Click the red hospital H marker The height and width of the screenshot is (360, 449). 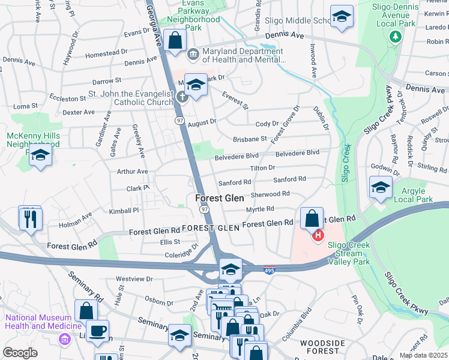[319, 236]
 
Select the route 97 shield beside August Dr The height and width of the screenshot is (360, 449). [179, 121]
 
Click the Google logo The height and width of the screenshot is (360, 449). [20, 352]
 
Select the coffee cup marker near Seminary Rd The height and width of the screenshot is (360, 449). [98, 331]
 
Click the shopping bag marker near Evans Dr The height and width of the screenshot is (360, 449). [175, 41]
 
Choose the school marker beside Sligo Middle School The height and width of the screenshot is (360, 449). [342, 17]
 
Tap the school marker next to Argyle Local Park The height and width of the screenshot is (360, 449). [381, 188]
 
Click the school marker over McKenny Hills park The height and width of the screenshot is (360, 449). [40, 155]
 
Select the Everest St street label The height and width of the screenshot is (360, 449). [235, 101]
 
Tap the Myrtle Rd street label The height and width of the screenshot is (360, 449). [260, 209]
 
